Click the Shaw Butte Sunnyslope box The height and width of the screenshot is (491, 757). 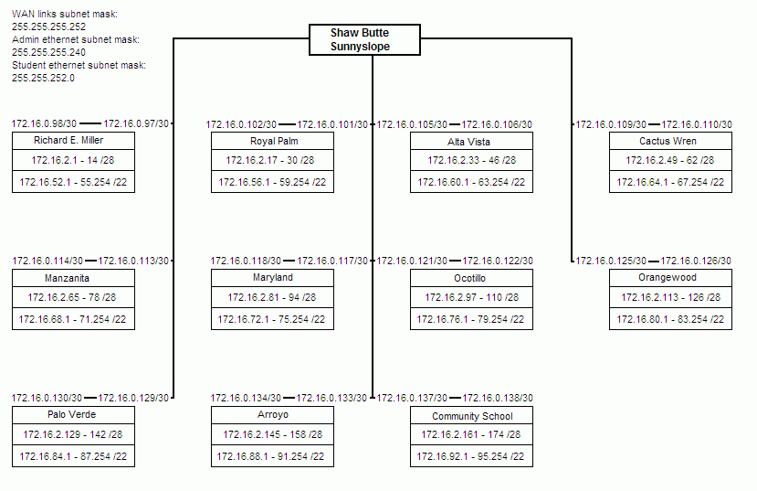pos(364,39)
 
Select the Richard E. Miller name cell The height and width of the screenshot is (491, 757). pos(73,141)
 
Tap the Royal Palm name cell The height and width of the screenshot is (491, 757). pos(272,141)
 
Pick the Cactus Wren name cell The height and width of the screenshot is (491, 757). pos(670,141)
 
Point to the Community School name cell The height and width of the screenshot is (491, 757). pos(472,416)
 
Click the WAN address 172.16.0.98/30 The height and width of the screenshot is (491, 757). pos(44,123)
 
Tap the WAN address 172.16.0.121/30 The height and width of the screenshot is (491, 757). pos(412,261)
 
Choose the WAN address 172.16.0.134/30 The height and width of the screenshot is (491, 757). pos(246,399)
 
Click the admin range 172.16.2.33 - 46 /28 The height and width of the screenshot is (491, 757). pos(472,160)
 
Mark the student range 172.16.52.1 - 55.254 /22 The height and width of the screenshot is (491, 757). pos(73,182)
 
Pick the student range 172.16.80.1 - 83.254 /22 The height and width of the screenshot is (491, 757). pos(670,319)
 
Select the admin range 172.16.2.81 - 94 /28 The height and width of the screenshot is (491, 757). pos(272,298)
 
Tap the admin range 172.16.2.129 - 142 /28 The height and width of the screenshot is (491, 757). pos(73,434)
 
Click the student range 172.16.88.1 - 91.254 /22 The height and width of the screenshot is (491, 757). pos(270,456)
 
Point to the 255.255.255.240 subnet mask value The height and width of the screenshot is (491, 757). pos(48,52)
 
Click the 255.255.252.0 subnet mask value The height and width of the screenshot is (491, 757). pos(43,78)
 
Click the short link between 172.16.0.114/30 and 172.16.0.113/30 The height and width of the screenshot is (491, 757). pos(90,261)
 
